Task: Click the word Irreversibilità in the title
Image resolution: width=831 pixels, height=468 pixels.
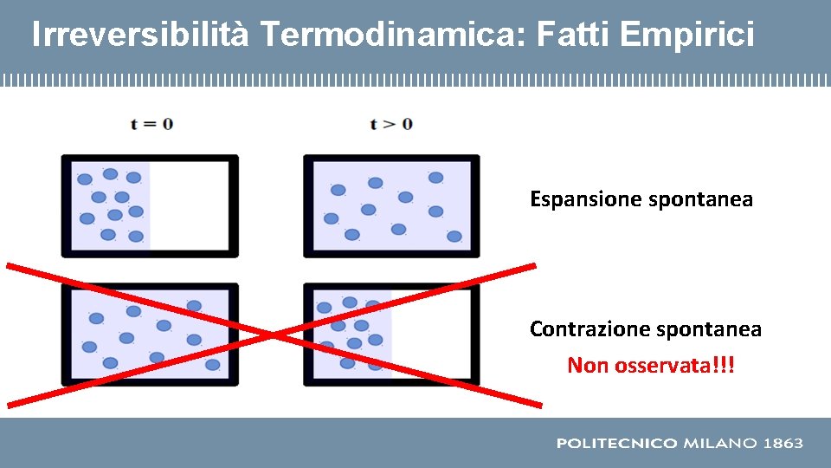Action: pyautogui.click(x=140, y=35)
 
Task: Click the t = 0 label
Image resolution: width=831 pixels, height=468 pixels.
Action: pyautogui.click(x=151, y=124)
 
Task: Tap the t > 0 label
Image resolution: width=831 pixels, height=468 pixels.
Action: pyautogui.click(x=391, y=124)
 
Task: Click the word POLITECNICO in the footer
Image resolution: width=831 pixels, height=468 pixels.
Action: pyautogui.click(x=616, y=444)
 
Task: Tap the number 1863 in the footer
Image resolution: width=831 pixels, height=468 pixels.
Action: pyautogui.click(x=783, y=444)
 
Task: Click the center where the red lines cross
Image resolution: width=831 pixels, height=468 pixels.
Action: pyautogui.click(x=274, y=335)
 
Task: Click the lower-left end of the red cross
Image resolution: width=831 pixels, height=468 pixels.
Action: pyautogui.click(x=10, y=404)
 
